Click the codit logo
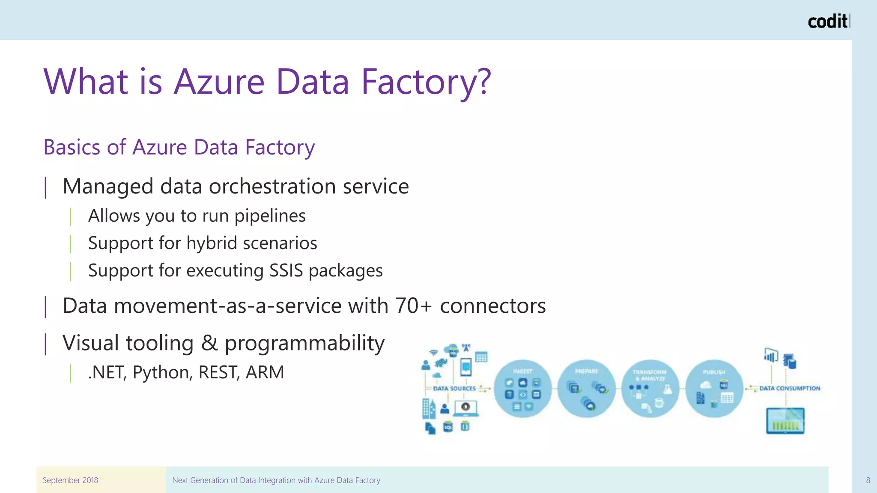[x=828, y=21]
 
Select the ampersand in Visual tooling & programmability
[x=209, y=343]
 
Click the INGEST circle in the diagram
[x=522, y=389]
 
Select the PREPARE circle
[x=586, y=389]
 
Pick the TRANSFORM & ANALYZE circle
[x=650, y=389]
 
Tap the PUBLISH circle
[x=714, y=389]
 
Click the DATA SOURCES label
[x=454, y=389]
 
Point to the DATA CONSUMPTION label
[x=790, y=389]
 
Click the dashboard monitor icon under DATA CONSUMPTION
[x=785, y=421]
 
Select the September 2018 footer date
[x=70, y=480]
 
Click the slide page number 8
[x=868, y=480]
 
